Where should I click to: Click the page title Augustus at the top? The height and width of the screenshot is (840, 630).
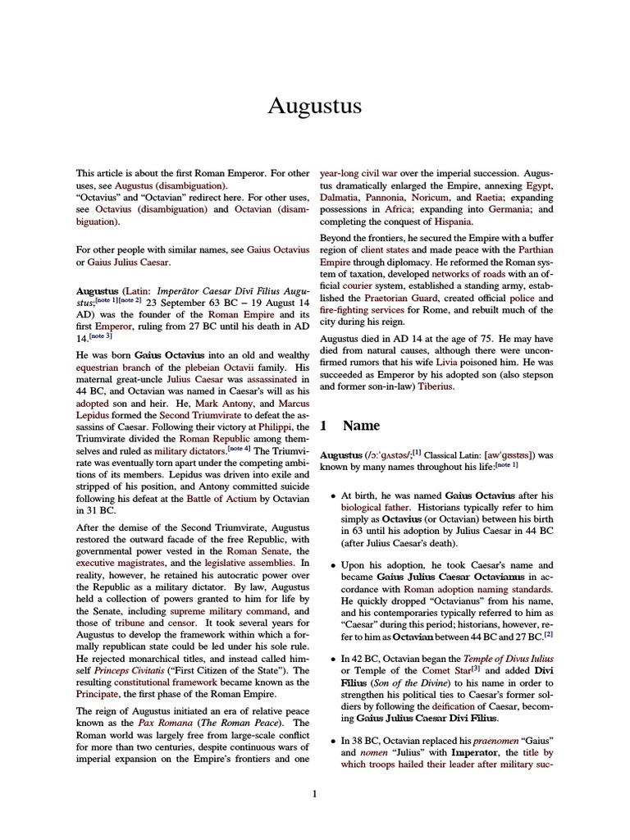315,106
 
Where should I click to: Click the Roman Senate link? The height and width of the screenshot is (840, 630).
255,551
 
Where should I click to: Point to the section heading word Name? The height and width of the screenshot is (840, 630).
361,426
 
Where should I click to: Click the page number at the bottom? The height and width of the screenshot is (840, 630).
314,793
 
